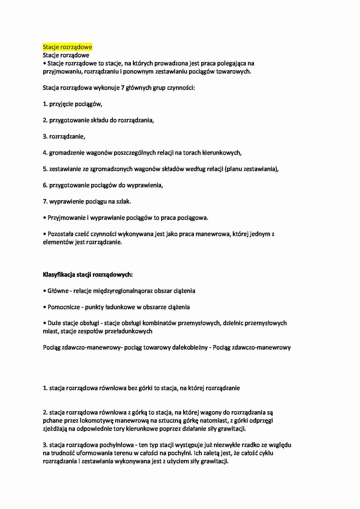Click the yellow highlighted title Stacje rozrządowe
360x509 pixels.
click(67, 47)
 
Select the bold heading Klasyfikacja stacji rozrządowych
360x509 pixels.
click(88, 275)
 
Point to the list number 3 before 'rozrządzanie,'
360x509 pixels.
click(45, 136)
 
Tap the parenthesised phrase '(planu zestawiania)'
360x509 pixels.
click(251, 169)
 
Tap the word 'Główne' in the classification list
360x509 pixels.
click(58, 291)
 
